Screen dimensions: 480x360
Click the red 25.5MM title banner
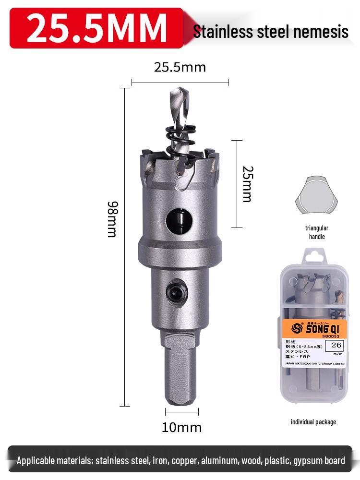click(96, 28)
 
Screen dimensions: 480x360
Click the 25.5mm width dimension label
click(180, 67)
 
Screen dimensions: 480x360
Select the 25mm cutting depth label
click(247, 184)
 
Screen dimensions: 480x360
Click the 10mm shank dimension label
click(181, 427)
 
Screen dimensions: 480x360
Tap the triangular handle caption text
click(316, 232)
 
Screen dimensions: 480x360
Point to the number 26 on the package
click(336, 345)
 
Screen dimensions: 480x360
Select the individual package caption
click(313, 422)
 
